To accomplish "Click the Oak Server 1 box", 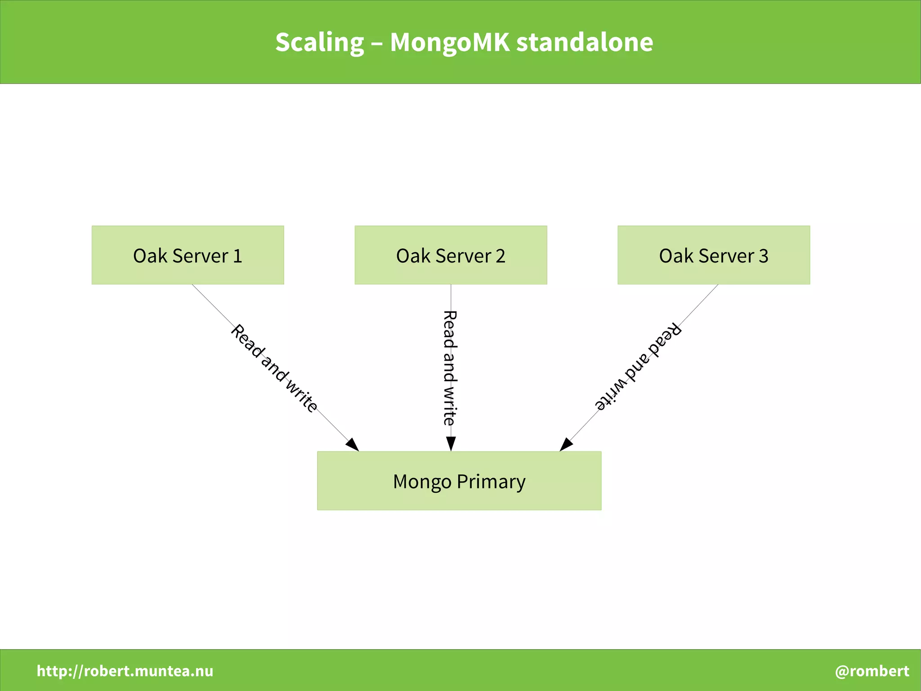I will pyautogui.click(x=188, y=255).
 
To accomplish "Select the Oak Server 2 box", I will pyautogui.click(x=451, y=255).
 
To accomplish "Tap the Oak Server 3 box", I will pyautogui.click(x=714, y=255).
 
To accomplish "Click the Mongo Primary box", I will pyautogui.click(x=459, y=480).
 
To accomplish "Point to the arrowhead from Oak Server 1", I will pyautogui.click(x=353, y=444).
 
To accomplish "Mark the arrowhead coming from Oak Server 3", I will pyautogui.click(x=566, y=444).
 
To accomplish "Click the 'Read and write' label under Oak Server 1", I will pyautogui.click(x=274, y=368).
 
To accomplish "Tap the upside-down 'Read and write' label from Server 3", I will pyautogui.click(x=638, y=366).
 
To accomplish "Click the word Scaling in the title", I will pyautogui.click(x=319, y=42).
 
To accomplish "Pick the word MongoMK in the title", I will pyautogui.click(x=450, y=42).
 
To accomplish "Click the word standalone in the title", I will pyautogui.click(x=584, y=42).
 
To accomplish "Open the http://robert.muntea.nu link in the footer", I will pyautogui.click(x=125, y=671).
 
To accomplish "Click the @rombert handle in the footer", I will pyautogui.click(x=872, y=671).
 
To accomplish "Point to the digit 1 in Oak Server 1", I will pyautogui.click(x=237, y=256).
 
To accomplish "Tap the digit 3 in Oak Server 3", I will pyautogui.click(x=763, y=256).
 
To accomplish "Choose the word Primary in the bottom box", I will pyautogui.click(x=491, y=482).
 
